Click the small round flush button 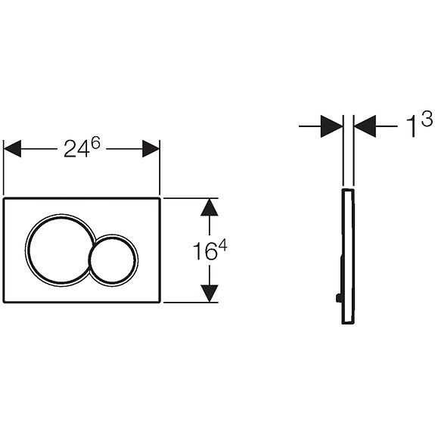click(113, 258)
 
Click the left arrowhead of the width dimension click(13, 148)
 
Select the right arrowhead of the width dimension click(151, 148)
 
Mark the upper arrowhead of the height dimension click(210, 207)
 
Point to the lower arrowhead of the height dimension click(210, 293)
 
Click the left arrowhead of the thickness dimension click(331, 126)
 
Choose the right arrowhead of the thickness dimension click(365, 126)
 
